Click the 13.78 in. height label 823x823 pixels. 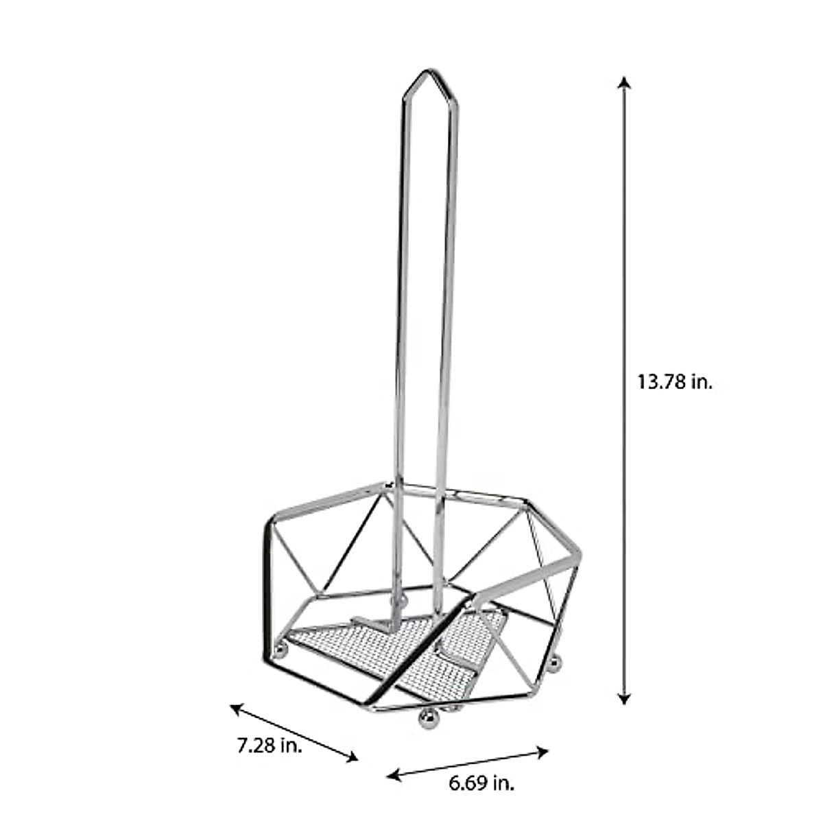(x=676, y=381)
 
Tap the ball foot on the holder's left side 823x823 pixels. (x=281, y=647)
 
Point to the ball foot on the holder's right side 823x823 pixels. (x=556, y=663)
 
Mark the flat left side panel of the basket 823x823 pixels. (x=269, y=583)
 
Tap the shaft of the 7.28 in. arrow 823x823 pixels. (x=295, y=732)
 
